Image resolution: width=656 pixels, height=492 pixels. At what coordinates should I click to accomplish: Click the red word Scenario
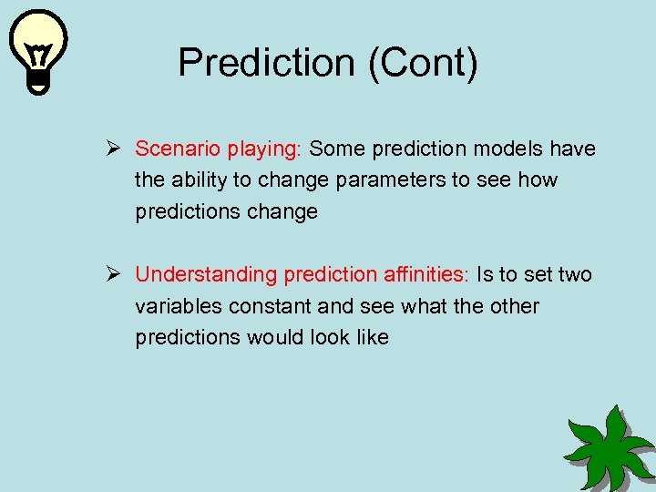[171, 149]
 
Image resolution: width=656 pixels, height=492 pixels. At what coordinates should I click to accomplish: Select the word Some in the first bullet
[336, 149]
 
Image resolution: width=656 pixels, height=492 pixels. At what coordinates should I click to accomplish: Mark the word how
[537, 179]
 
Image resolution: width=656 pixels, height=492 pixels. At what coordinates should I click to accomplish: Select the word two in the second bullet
[573, 274]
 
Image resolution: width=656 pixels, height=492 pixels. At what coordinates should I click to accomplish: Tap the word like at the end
[372, 337]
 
